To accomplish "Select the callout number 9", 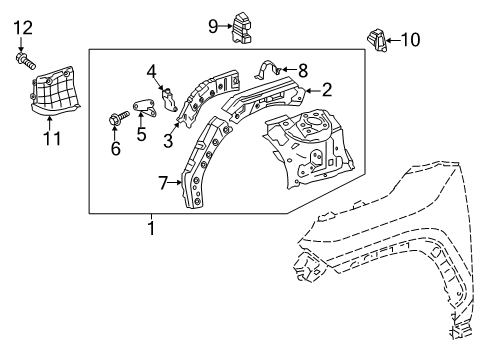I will [x=212, y=26].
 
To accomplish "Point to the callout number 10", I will [x=410, y=40].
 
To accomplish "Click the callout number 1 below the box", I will [x=152, y=229].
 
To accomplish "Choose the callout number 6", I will [x=115, y=149].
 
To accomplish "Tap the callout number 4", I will [x=151, y=70].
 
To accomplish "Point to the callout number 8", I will [x=303, y=70].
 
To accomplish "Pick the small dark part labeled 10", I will [x=376, y=42].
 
